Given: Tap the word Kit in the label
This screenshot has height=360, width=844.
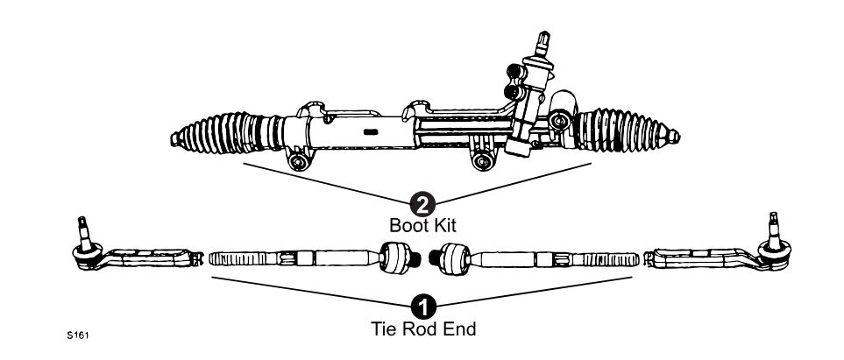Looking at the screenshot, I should [444, 226].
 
